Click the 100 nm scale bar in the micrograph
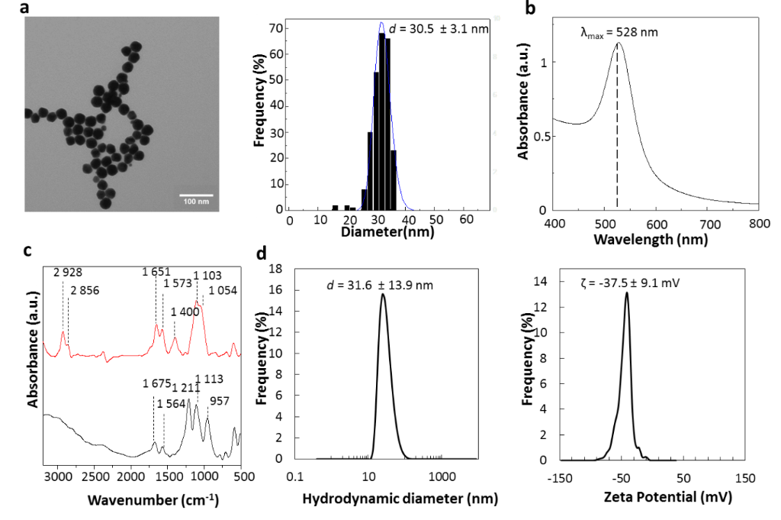196,195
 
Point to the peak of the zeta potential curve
627,292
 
